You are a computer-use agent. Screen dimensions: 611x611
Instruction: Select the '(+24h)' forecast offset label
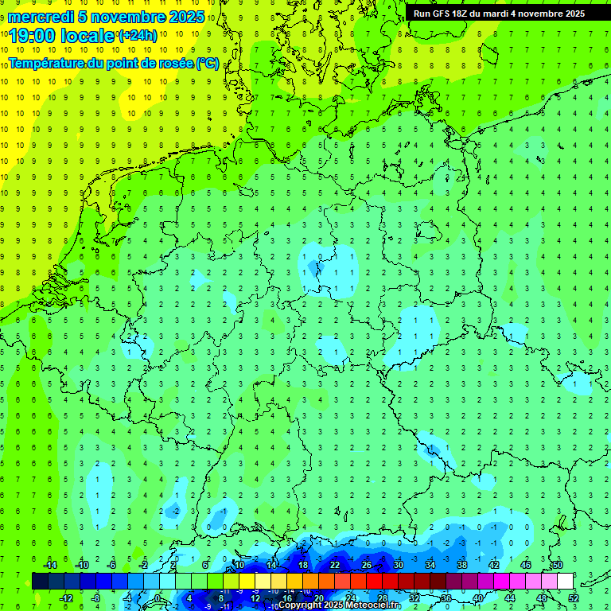click(x=138, y=36)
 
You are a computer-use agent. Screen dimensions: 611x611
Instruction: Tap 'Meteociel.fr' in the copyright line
click(x=373, y=605)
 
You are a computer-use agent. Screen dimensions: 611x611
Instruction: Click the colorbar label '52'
click(x=574, y=598)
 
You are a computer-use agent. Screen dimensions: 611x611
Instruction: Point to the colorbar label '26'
click(x=366, y=565)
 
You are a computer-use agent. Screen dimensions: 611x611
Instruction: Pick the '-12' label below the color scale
click(x=67, y=598)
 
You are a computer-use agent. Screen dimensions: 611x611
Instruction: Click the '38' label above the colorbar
click(x=461, y=565)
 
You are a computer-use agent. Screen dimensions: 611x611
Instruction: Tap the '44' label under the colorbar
click(x=510, y=598)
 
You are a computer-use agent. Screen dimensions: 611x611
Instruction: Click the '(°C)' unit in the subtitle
click(x=208, y=63)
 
